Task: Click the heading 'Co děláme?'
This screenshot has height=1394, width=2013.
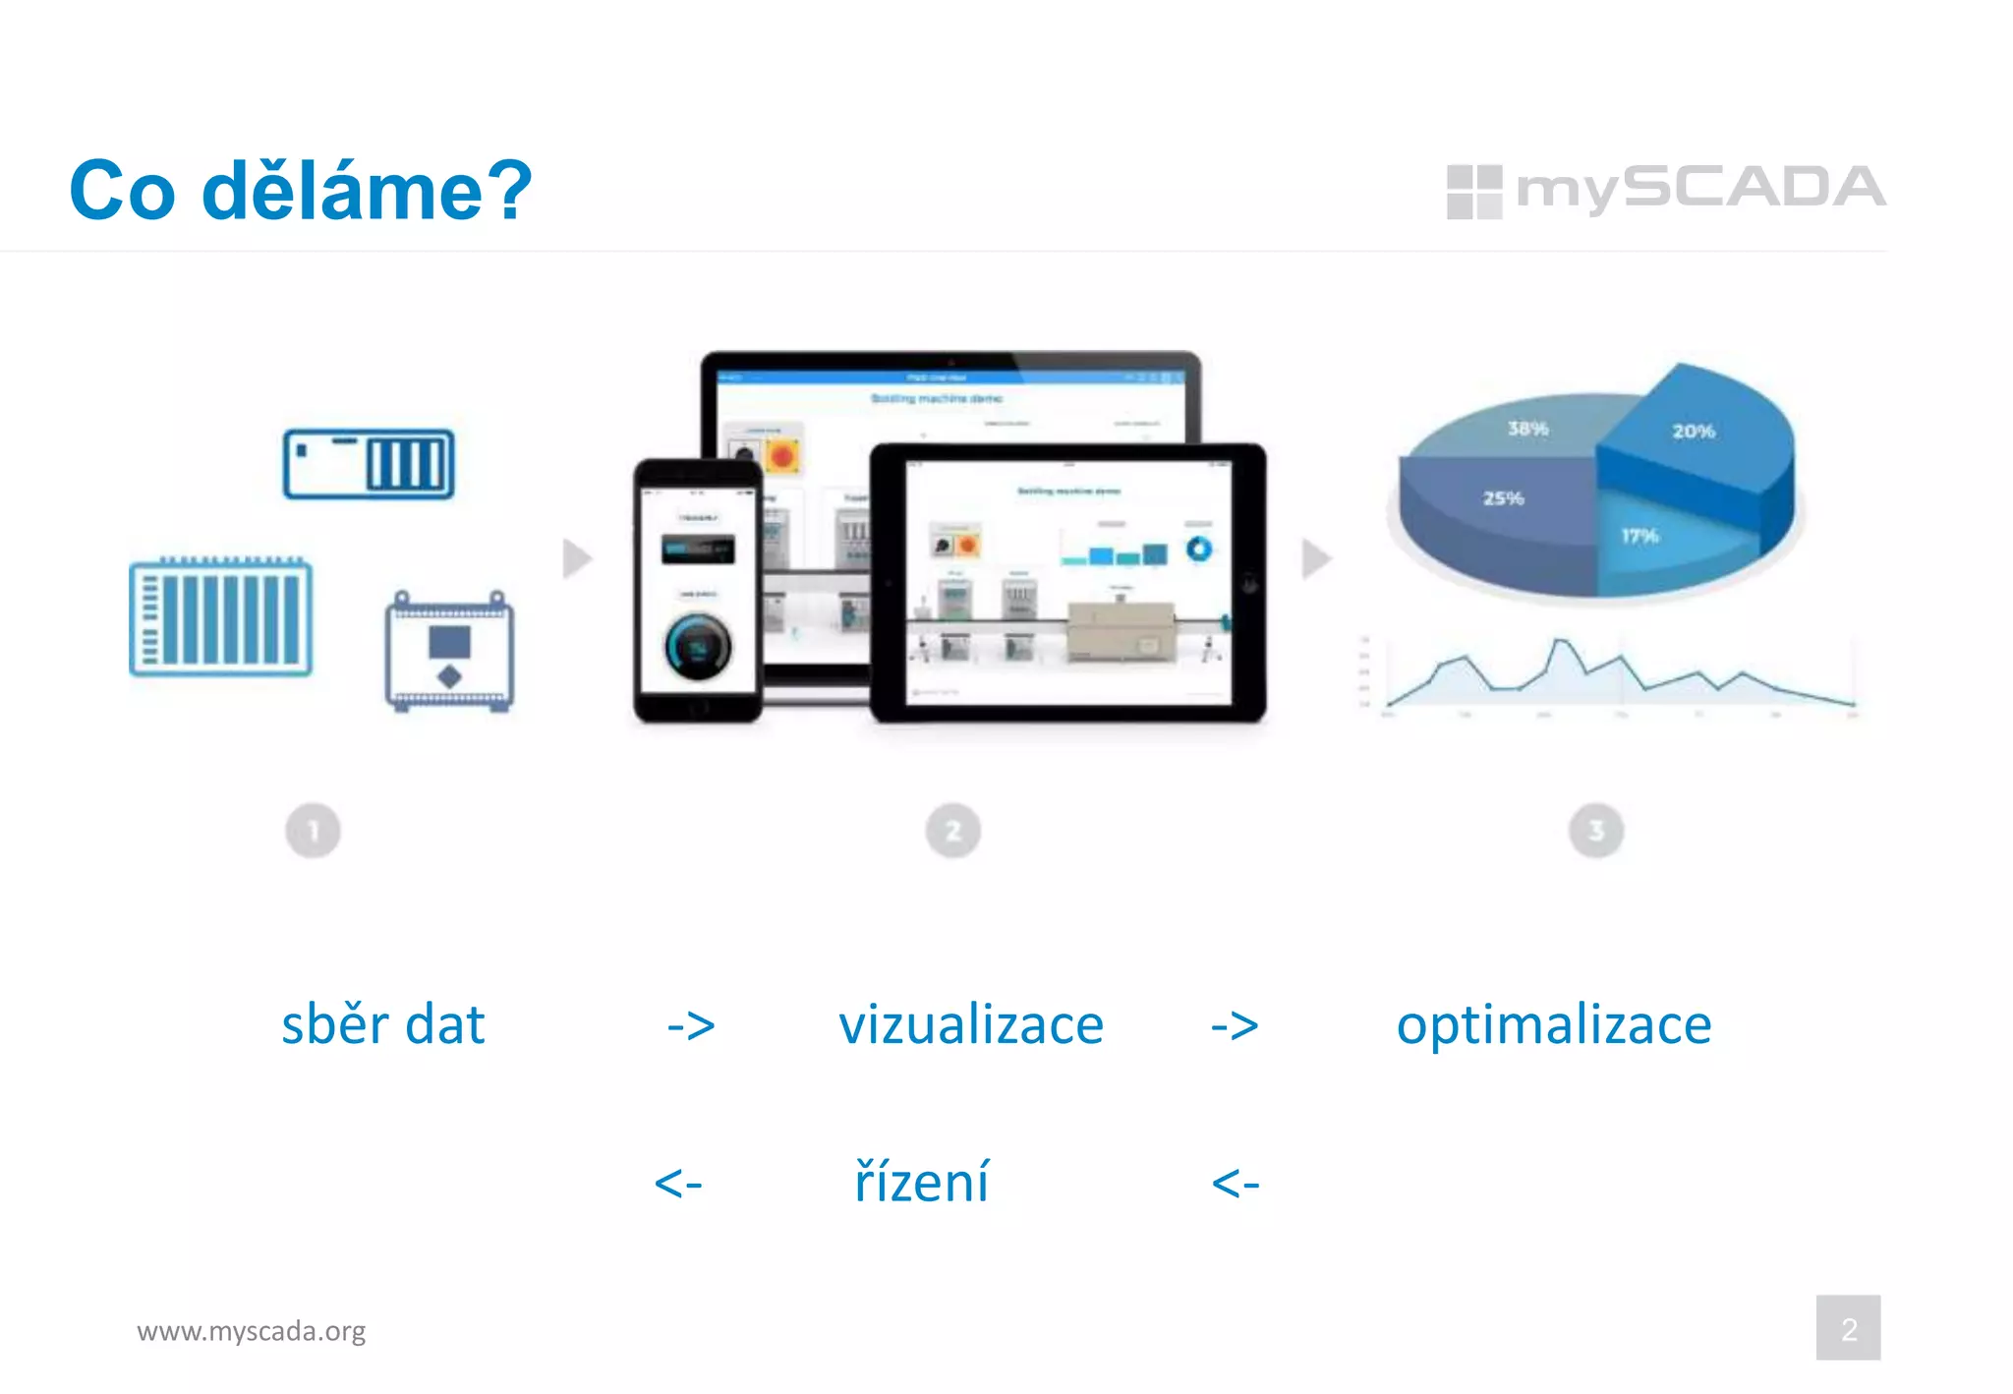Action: tap(300, 190)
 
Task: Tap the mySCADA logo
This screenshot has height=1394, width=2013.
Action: tap(1665, 190)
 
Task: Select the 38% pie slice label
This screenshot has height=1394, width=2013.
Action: tap(1527, 429)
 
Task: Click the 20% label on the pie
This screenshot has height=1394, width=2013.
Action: tap(1693, 432)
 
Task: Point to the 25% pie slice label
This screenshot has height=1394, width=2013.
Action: tap(1503, 498)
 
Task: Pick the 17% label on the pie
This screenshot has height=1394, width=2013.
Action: tap(1639, 536)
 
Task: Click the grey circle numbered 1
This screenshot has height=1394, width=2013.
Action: tap(313, 832)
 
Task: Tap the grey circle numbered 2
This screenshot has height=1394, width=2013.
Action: tap(952, 832)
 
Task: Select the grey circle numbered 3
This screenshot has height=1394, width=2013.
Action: tap(1595, 832)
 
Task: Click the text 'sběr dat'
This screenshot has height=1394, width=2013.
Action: tap(382, 1024)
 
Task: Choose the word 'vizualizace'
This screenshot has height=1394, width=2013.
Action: tap(970, 1024)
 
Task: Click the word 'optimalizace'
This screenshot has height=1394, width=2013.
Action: tap(1553, 1024)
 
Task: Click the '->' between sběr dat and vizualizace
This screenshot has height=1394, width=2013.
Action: tap(690, 1026)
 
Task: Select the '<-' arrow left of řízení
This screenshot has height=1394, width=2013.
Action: tap(678, 1183)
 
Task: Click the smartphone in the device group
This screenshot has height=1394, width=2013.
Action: tap(697, 590)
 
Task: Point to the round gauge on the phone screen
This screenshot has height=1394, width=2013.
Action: tap(698, 647)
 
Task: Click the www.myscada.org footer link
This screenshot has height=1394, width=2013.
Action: tap(251, 1331)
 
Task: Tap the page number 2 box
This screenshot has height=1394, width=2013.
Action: tap(1848, 1328)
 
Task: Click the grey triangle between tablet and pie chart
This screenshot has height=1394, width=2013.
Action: tap(1315, 558)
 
